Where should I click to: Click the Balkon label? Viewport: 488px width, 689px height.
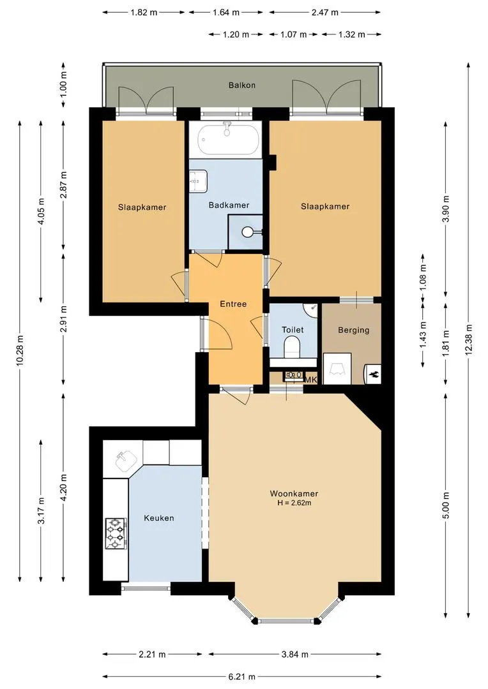click(x=241, y=85)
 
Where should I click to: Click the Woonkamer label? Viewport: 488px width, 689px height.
click(x=294, y=493)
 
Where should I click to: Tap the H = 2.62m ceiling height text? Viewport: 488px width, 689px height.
click(x=294, y=503)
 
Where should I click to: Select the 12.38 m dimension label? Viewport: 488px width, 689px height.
click(x=469, y=339)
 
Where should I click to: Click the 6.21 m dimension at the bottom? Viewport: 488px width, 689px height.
click(x=241, y=677)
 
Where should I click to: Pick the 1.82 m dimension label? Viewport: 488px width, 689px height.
click(x=144, y=12)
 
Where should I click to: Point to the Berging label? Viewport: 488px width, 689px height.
click(x=353, y=330)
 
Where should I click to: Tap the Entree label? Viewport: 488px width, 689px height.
click(x=233, y=304)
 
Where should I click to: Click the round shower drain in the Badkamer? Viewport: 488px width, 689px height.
click(x=248, y=231)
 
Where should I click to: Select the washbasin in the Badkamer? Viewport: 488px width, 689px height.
click(x=198, y=181)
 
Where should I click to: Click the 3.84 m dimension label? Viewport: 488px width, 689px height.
click(x=295, y=655)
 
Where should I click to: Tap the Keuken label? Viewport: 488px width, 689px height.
click(x=159, y=518)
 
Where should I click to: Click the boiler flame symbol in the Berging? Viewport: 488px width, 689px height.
click(x=374, y=375)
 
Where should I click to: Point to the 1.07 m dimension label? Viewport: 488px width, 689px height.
click(x=294, y=34)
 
